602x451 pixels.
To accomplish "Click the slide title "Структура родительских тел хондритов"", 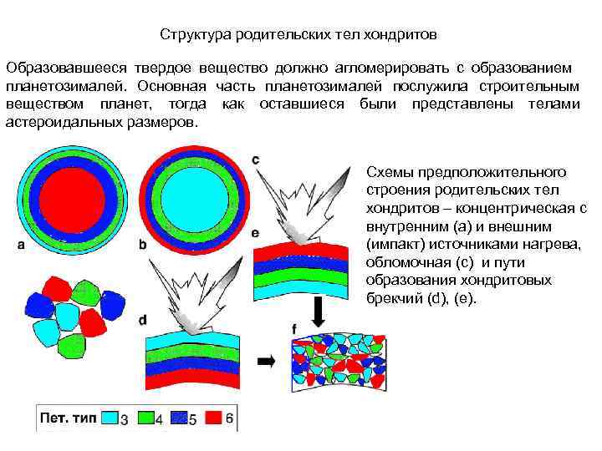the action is [x=298, y=36].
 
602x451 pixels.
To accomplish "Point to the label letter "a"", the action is [x=20, y=245].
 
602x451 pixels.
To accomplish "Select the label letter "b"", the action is [x=142, y=245].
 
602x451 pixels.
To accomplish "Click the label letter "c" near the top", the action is [x=255, y=159].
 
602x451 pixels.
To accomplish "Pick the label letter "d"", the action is [x=143, y=320].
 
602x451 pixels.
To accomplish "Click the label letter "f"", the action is [x=293, y=330].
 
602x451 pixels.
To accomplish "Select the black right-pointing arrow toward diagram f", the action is [x=267, y=361].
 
